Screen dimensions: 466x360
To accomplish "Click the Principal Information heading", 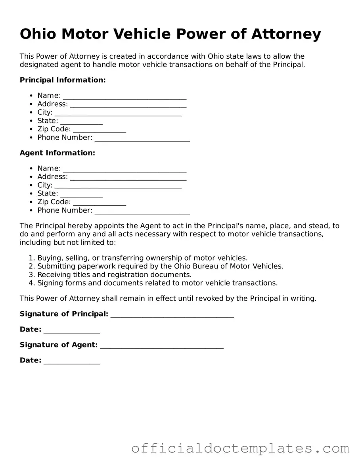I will pyautogui.click(x=63, y=80).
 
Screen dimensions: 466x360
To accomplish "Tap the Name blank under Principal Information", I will pyautogui.click(x=124, y=96).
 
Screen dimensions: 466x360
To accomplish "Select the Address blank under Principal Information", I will pyautogui.click(x=128, y=105).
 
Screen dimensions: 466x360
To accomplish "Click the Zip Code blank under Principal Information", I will pyautogui.click(x=100, y=130).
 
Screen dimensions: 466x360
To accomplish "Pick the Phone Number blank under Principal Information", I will pyautogui.click(x=142, y=138).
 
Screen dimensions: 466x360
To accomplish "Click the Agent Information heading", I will pyautogui.click(x=57, y=153).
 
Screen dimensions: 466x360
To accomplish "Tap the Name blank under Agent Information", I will pyautogui.click(x=124, y=169).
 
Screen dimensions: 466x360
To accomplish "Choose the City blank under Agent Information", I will pyautogui.click(x=118, y=186).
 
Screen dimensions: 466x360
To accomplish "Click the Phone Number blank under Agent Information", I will pyautogui.click(x=142, y=211).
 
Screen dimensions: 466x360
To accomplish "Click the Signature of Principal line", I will pyautogui.click(x=172, y=315).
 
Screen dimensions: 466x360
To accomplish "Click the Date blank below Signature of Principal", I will pyautogui.click(x=72, y=330).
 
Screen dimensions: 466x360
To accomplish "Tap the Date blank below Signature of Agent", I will pyautogui.click(x=72, y=361).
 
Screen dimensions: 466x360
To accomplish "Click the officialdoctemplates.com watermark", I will pyautogui.click(x=240, y=449).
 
